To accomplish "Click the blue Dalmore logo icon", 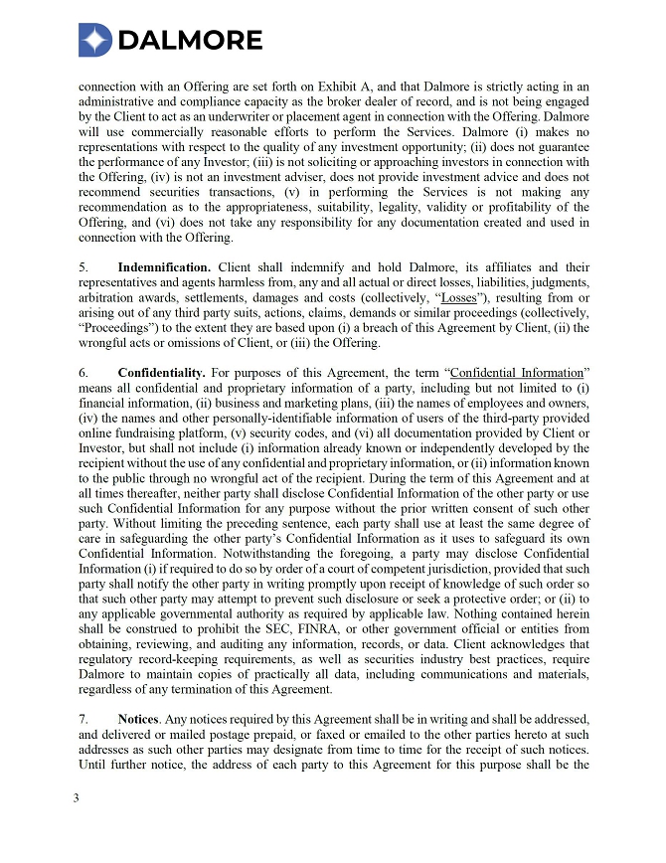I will coord(95,40).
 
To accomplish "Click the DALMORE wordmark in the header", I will coord(190,40).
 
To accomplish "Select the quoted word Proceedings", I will coord(115,327).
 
